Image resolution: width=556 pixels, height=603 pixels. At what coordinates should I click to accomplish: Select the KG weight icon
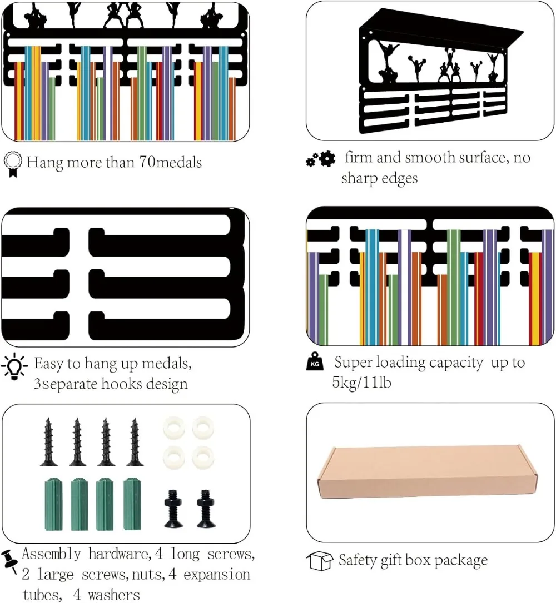click(314, 364)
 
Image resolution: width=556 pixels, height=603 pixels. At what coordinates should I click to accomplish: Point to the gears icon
click(321, 160)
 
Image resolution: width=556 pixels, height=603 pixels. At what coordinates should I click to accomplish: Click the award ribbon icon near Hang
click(12, 164)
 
